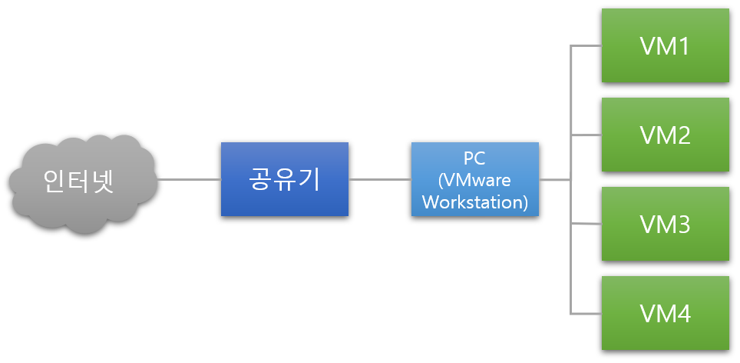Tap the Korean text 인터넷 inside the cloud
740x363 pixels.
80,181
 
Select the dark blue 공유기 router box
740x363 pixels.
284,179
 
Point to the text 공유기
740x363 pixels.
284,179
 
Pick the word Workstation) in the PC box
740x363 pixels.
474,202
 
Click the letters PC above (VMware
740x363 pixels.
474,158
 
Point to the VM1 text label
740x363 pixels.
665,46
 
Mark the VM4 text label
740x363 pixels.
665,314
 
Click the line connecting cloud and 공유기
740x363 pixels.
190,180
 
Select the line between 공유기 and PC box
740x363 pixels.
380,180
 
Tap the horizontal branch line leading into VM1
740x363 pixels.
586,46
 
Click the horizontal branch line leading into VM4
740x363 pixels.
586,313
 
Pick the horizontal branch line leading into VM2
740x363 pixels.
586,135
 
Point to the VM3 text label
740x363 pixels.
665,225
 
